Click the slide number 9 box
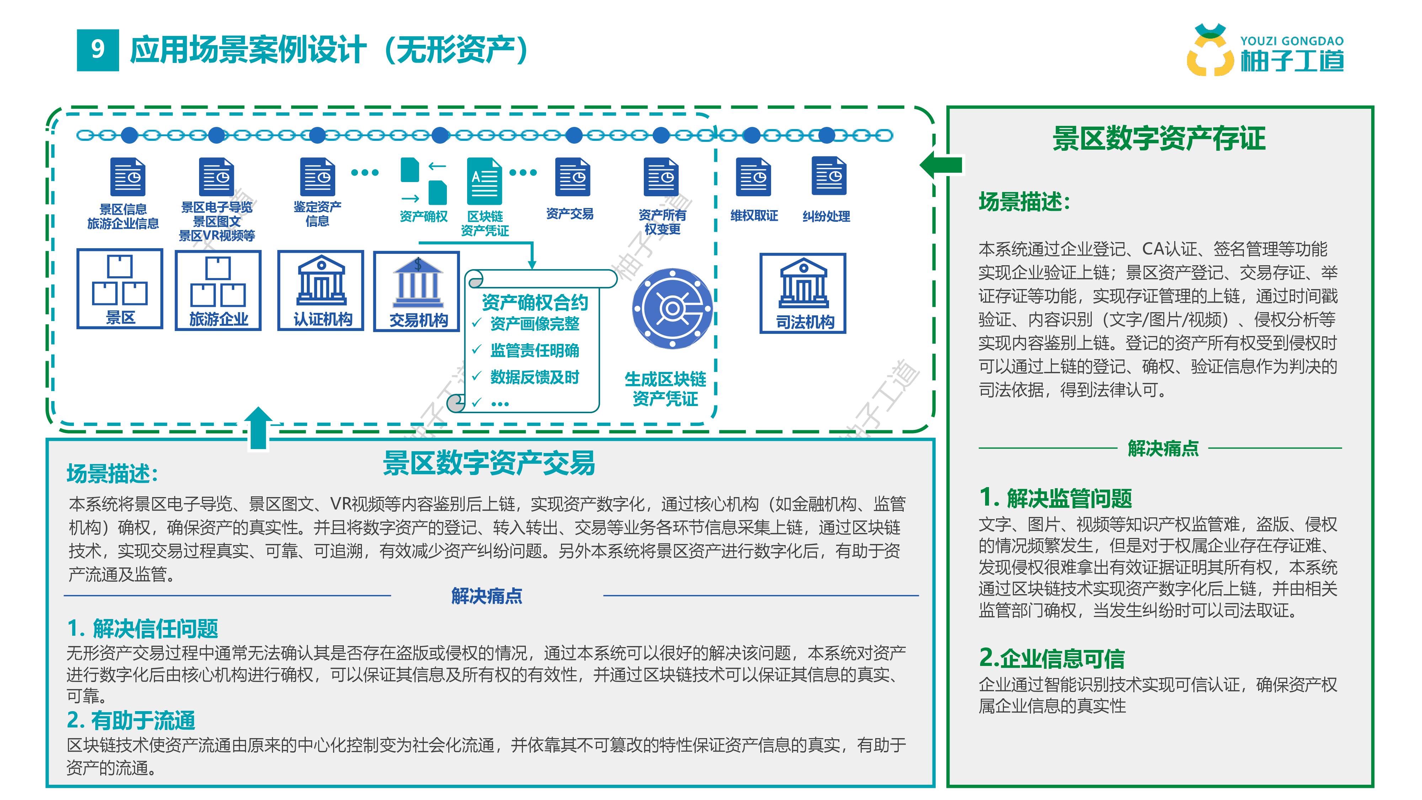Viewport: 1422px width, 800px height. (x=98, y=50)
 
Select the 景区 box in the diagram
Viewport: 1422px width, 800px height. (x=120, y=289)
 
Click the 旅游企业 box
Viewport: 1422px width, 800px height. (x=218, y=290)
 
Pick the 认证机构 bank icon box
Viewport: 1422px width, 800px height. (x=321, y=290)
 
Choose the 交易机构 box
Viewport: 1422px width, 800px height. (x=417, y=292)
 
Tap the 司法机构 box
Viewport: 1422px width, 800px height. (x=803, y=293)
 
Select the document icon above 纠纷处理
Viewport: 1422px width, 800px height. (x=829, y=176)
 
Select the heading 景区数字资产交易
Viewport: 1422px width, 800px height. (x=489, y=463)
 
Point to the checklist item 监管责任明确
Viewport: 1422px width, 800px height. (x=534, y=351)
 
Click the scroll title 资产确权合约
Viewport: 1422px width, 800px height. (x=534, y=302)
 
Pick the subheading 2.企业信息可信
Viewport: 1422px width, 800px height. (x=1052, y=658)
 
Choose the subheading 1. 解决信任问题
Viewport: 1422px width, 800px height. (x=143, y=628)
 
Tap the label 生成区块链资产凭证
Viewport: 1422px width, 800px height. (x=665, y=389)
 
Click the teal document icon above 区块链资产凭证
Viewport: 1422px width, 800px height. (x=484, y=181)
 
